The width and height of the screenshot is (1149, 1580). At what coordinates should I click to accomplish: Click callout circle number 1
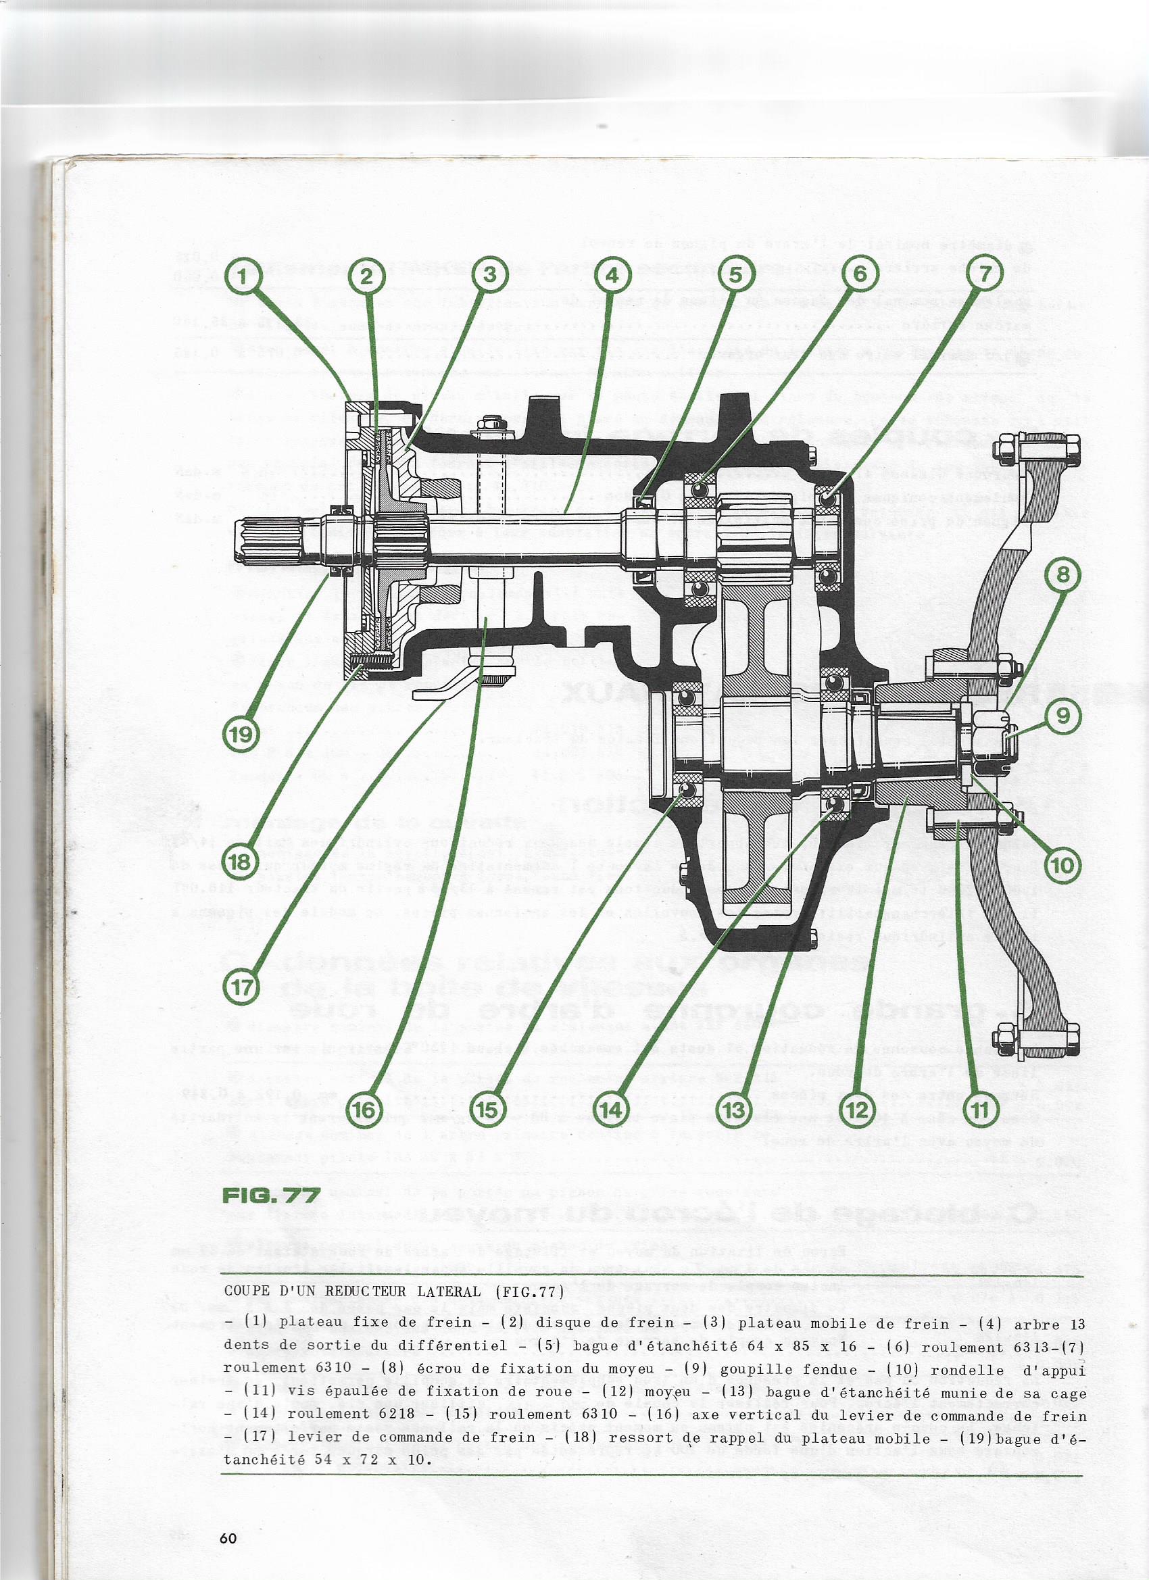click(x=243, y=276)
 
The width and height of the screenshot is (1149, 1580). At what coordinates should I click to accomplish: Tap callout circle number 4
click(x=612, y=276)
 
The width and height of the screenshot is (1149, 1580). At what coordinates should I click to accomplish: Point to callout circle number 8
click(x=1062, y=574)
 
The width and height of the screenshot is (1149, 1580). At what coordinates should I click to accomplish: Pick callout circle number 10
click(x=1062, y=865)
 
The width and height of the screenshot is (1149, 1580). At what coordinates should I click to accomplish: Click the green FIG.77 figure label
click(x=271, y=1195)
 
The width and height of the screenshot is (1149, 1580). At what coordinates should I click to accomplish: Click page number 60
click(x=228, y=1538)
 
